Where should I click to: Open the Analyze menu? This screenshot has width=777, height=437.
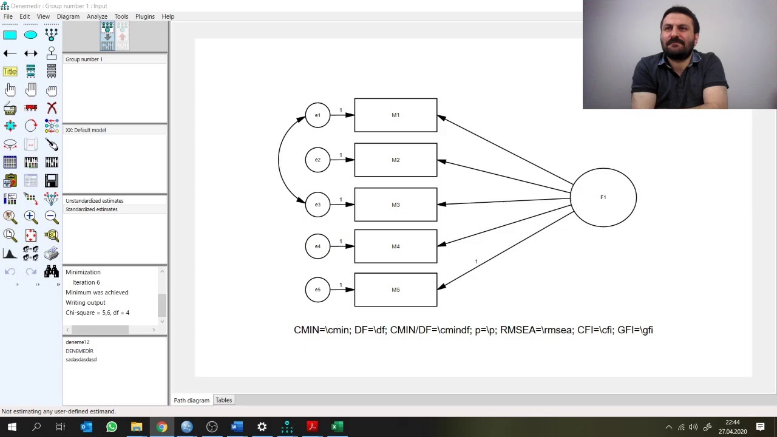[x=97, y=16]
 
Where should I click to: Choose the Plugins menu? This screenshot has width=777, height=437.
[x=145, y=16]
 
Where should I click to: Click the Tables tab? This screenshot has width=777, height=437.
[x=224, y=400]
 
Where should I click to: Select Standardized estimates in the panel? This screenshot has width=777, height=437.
[x=92, y=209]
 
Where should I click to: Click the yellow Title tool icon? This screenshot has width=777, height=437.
[x=10, y=72]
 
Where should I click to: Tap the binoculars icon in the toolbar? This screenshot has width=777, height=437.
[x=52, y=271]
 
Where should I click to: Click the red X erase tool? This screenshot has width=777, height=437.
[x=52, y=108]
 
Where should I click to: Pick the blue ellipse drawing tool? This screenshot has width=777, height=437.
[x=30, y=35]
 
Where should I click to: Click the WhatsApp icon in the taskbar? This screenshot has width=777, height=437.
[x=111, y=427]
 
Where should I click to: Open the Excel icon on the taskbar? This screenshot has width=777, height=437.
[x=337, y=427]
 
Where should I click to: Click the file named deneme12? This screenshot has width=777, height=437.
[x=77, y=342]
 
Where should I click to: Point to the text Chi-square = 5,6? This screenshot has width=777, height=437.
[x=88, y=313]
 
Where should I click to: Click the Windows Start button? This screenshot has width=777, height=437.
[x=12, y=427]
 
